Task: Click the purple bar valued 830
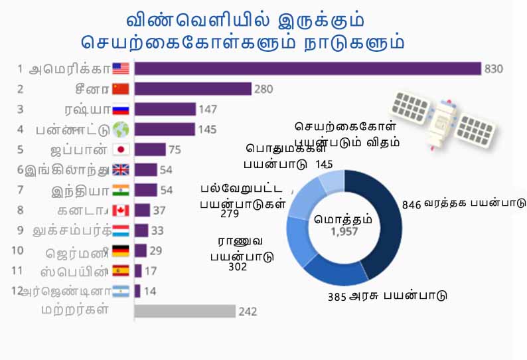click(307, 68)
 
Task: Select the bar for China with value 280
click(192, 89)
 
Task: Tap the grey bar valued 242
click(185, 311)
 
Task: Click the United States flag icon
click(121, 68)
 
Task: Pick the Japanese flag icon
click(121, 149)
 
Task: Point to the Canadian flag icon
click(121, 210)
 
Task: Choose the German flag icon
click(121, 250)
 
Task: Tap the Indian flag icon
click(121, 190)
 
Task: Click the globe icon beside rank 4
click(121, 130)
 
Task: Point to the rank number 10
click(17, 250)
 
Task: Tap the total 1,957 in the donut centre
click(344, 232)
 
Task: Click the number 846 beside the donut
click(412, 205)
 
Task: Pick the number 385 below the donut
click(337, 297)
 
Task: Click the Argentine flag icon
click(121, 291)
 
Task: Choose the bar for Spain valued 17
click(138, 270)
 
